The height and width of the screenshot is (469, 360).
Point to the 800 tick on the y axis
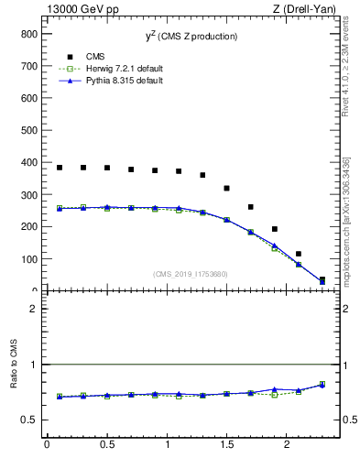pos(27,33)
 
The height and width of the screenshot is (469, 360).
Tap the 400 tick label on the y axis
pos(27,162)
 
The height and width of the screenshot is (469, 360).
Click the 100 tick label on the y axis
pos(27,259)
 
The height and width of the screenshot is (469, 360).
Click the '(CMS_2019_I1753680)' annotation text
pos(191,273)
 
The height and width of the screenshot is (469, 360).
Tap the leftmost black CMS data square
pos(60,168)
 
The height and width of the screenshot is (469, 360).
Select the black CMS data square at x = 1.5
pos(226,188)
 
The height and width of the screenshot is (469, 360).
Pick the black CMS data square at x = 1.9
pos(275,229)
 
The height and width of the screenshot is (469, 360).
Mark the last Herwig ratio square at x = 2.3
pos(322,384)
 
